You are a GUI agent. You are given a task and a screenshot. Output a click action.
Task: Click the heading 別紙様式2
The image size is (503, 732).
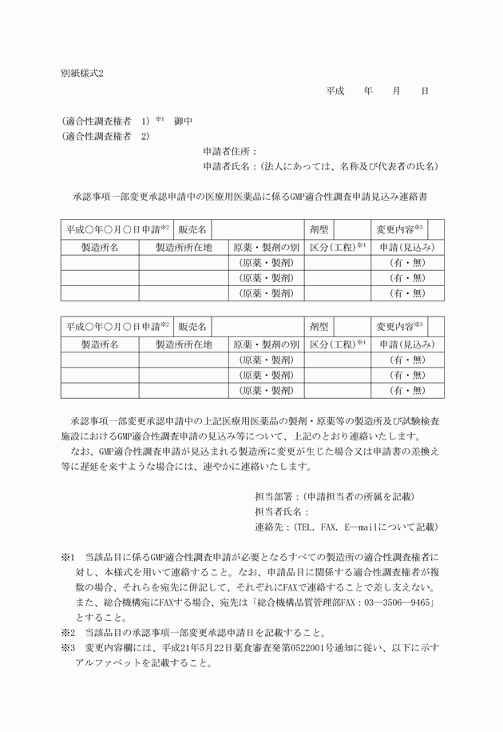(82, 73)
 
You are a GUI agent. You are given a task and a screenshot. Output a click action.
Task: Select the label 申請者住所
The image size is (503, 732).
(228, 151)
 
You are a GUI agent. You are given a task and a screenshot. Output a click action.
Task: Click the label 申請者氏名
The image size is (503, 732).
(228, 166)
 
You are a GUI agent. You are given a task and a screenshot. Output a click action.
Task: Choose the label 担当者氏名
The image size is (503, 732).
(279, 512)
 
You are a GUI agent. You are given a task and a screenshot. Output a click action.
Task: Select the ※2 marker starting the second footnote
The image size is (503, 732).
(66, 632)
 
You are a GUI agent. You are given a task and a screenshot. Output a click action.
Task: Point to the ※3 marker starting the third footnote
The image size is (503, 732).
(66, 647)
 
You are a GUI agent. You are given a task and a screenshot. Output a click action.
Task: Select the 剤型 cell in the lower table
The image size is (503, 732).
(319, 327)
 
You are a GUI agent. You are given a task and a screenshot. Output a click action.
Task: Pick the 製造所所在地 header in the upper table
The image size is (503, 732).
(184, 248)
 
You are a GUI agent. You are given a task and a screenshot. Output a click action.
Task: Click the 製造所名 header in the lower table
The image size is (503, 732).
(100, 344)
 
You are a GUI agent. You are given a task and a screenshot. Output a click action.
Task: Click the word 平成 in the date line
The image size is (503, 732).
(335, 91)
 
